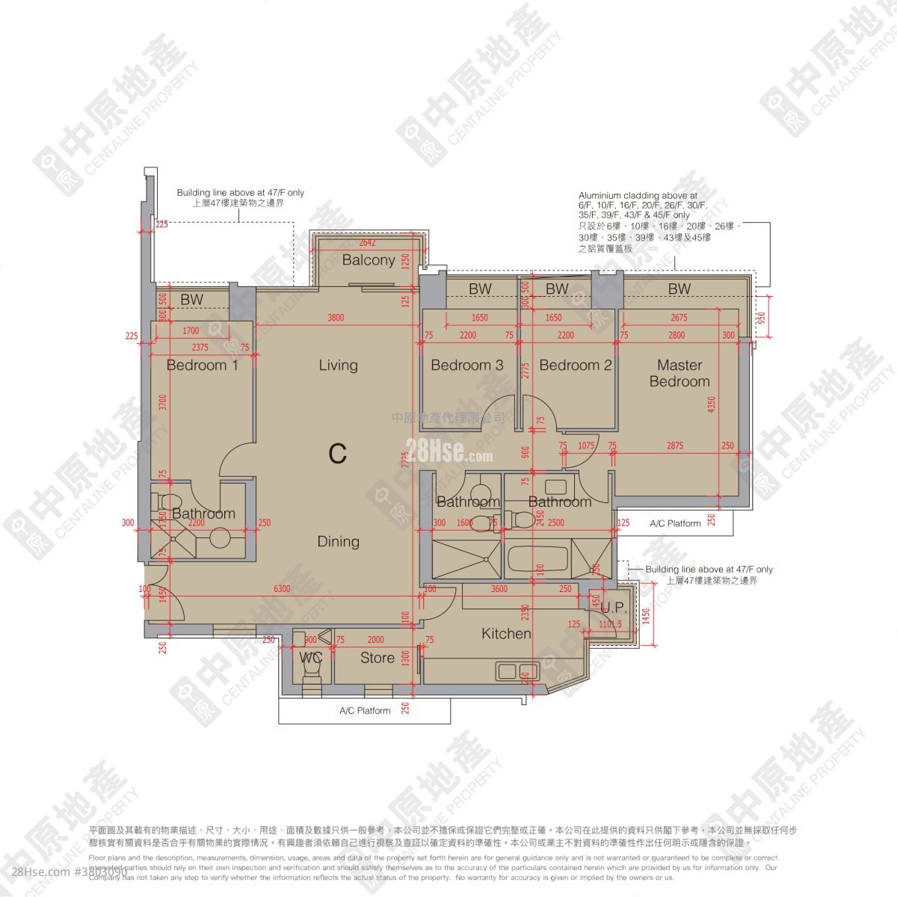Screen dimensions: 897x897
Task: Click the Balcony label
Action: tap(369, 260)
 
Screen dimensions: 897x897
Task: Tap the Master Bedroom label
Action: tap(679, 373)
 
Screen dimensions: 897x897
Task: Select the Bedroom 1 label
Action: tap(202, 366)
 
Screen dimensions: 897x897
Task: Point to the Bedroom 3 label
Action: tap(467, 366)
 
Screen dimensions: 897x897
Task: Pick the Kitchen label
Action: tap(506, 634)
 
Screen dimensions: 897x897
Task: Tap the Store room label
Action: tap(377, 658)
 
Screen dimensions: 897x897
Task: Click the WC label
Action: tap(310, 658)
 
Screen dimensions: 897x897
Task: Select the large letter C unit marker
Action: tap(338, 453)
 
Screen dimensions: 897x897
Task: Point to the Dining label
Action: tap(338, 542)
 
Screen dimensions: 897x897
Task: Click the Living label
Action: tap(338, 366)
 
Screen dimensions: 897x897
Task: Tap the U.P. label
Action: tap(614, 608)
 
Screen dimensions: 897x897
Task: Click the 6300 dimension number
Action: tap(282, 589)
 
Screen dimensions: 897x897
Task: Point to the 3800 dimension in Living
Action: tap(336, 318)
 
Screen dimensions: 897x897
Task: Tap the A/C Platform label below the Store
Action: tap(365, 711)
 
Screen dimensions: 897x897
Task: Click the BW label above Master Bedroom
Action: tap(679, 289)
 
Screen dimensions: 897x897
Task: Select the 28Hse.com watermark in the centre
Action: tap(449, 451)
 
